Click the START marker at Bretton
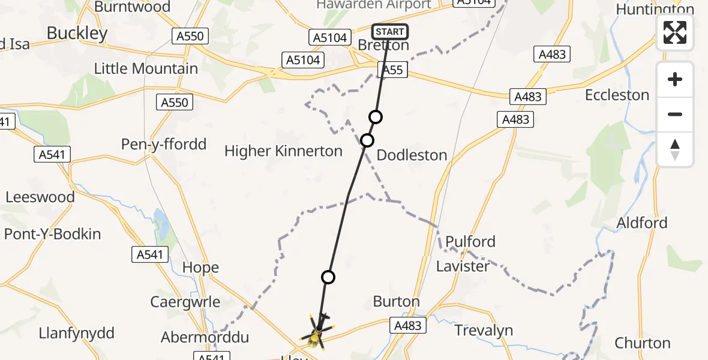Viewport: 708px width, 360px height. (x=390, y=31)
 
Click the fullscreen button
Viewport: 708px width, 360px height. (x=675, y=32)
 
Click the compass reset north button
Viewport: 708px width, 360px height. (x=675, y=149)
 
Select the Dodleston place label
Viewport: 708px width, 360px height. (x=412, y=155)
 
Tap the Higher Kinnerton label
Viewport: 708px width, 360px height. (x=283, y=151)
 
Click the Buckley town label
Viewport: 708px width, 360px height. (x=77, y=33)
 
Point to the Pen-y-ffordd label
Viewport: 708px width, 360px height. (x=164, y=145)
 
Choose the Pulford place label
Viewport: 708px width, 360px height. (x=466, y=242)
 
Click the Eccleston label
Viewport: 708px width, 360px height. (x=617, y=95)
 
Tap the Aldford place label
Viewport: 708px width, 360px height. (x=642, y=223)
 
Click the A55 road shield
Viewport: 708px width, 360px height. (x=392, y=70)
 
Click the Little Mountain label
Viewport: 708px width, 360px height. (x=146, y=69)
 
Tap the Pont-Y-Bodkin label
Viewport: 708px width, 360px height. (x=53, y=234)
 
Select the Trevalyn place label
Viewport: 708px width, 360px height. (x=484, y=331)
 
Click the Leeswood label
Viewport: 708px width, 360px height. (x=40, y=197)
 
